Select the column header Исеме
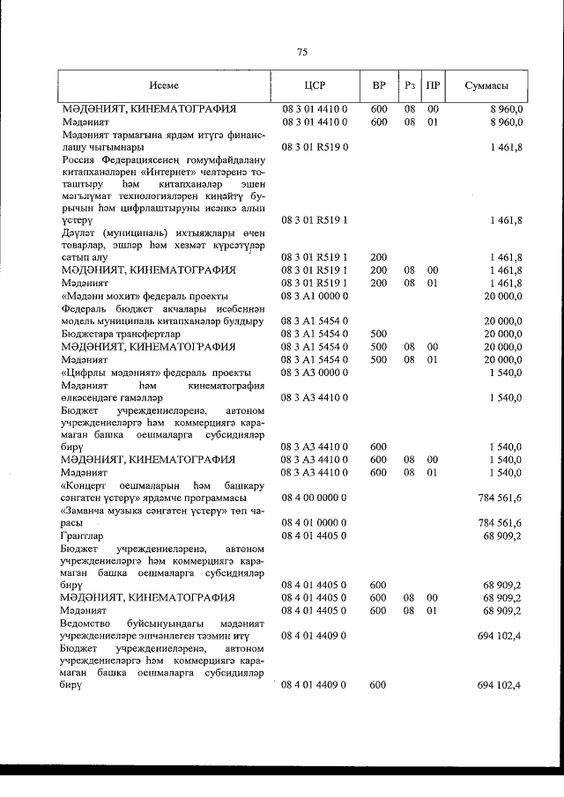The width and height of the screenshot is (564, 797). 164,85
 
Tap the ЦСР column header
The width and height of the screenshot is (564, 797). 315,85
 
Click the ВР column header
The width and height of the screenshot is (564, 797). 379,85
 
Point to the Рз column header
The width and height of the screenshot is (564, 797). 410,85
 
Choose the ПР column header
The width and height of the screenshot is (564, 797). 433,85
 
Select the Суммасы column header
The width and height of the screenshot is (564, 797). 486,85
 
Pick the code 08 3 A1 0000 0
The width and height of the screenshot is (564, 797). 315,296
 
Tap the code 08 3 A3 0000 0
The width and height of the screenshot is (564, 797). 315,373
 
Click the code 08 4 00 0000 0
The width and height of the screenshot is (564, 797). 315,498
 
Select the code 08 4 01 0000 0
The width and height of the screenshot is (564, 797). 315,522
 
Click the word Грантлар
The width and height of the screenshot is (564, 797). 82,535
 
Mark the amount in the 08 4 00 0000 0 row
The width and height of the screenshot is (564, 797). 501,498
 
